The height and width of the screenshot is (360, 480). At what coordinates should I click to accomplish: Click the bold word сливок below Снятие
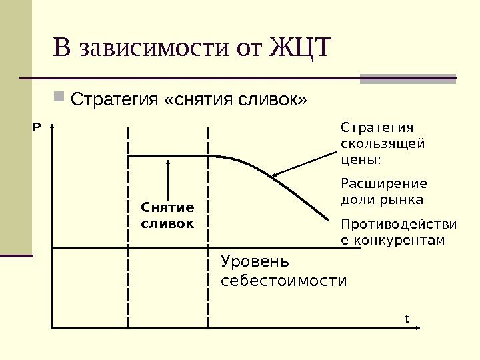pyautogui.click(x=167, y=223)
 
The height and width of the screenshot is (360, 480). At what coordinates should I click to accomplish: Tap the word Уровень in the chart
pyautogui.click(x=256, y=261)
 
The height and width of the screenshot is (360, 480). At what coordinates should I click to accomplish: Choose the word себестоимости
pyautogui.click(x=283, y=281)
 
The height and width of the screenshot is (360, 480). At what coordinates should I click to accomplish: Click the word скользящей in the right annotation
pyautogui.click(x=382, y=143)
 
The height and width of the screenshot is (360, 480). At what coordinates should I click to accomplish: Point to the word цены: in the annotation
pyautogui.click(x=361, y=160)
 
